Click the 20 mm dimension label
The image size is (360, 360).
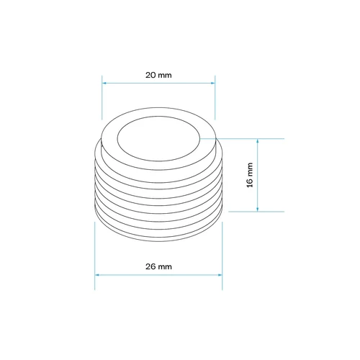point(158,75)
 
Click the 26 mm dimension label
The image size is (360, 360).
point(158,266)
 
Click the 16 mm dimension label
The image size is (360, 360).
point(250,175)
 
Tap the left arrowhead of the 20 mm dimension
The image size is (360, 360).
point(104,83)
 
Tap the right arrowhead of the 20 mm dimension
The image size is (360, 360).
point(212,83)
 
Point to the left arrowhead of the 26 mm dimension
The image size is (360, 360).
point(97,275)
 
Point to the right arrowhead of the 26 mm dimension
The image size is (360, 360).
point(220,275)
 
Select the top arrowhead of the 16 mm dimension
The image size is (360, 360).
point(258,141)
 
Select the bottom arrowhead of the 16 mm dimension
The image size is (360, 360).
point(258,209)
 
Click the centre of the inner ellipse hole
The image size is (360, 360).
point(158,139)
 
